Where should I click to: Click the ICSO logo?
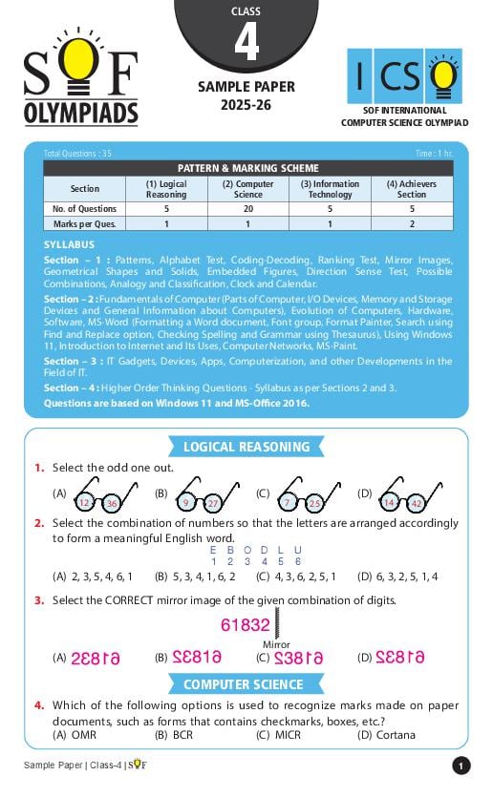pos(404,76)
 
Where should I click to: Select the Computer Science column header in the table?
pos(247,189)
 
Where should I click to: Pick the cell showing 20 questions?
pos(247,208)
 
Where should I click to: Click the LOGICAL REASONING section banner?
pos(246,447)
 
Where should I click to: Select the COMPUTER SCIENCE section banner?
pos(243,684)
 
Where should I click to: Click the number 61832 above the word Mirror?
pos(246,625)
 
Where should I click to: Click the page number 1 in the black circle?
pos(461,766)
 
